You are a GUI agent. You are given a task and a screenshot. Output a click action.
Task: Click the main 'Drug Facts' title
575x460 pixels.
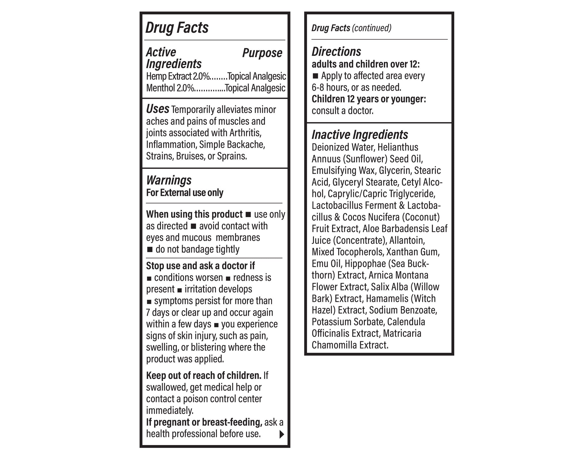pyautogui.click(x=177, y=28)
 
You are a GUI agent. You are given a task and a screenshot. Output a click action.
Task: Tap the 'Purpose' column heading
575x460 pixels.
pyautogui.click(x=262, y=53)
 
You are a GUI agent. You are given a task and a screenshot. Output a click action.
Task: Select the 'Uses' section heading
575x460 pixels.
pyautogui.click(x=158, y=109)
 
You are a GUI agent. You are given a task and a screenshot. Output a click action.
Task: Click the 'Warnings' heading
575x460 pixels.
pyautogui.click(x=169, y=180)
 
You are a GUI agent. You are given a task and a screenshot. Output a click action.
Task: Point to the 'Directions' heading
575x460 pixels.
pyautogui.click(x=336, y=52)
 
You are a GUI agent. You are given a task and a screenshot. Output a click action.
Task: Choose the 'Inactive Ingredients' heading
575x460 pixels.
pyautogui.click(x=360, y=135)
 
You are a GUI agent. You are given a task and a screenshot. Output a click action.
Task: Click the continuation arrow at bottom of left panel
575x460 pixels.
pyautogui.click(x=281, y=434)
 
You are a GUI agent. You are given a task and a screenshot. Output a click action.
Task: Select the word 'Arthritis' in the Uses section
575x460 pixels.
pyautogui.click(x=245, y=133)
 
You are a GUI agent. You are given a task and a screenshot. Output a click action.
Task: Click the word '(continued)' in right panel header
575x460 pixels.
pyautogui.click(x=371, y=28)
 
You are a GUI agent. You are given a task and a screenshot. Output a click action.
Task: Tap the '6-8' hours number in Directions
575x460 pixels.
pyautogui.click(x=318, y=87)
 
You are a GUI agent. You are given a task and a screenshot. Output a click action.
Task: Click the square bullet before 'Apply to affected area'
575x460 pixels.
pyautogui.click(x=315, y=76)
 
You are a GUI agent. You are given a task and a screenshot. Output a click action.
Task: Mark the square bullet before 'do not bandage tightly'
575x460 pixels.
pyautogui.click(x=149, y=249)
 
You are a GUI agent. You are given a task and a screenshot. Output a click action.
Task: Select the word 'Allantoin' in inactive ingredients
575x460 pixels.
pyautogui.click(x=407, y=240)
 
